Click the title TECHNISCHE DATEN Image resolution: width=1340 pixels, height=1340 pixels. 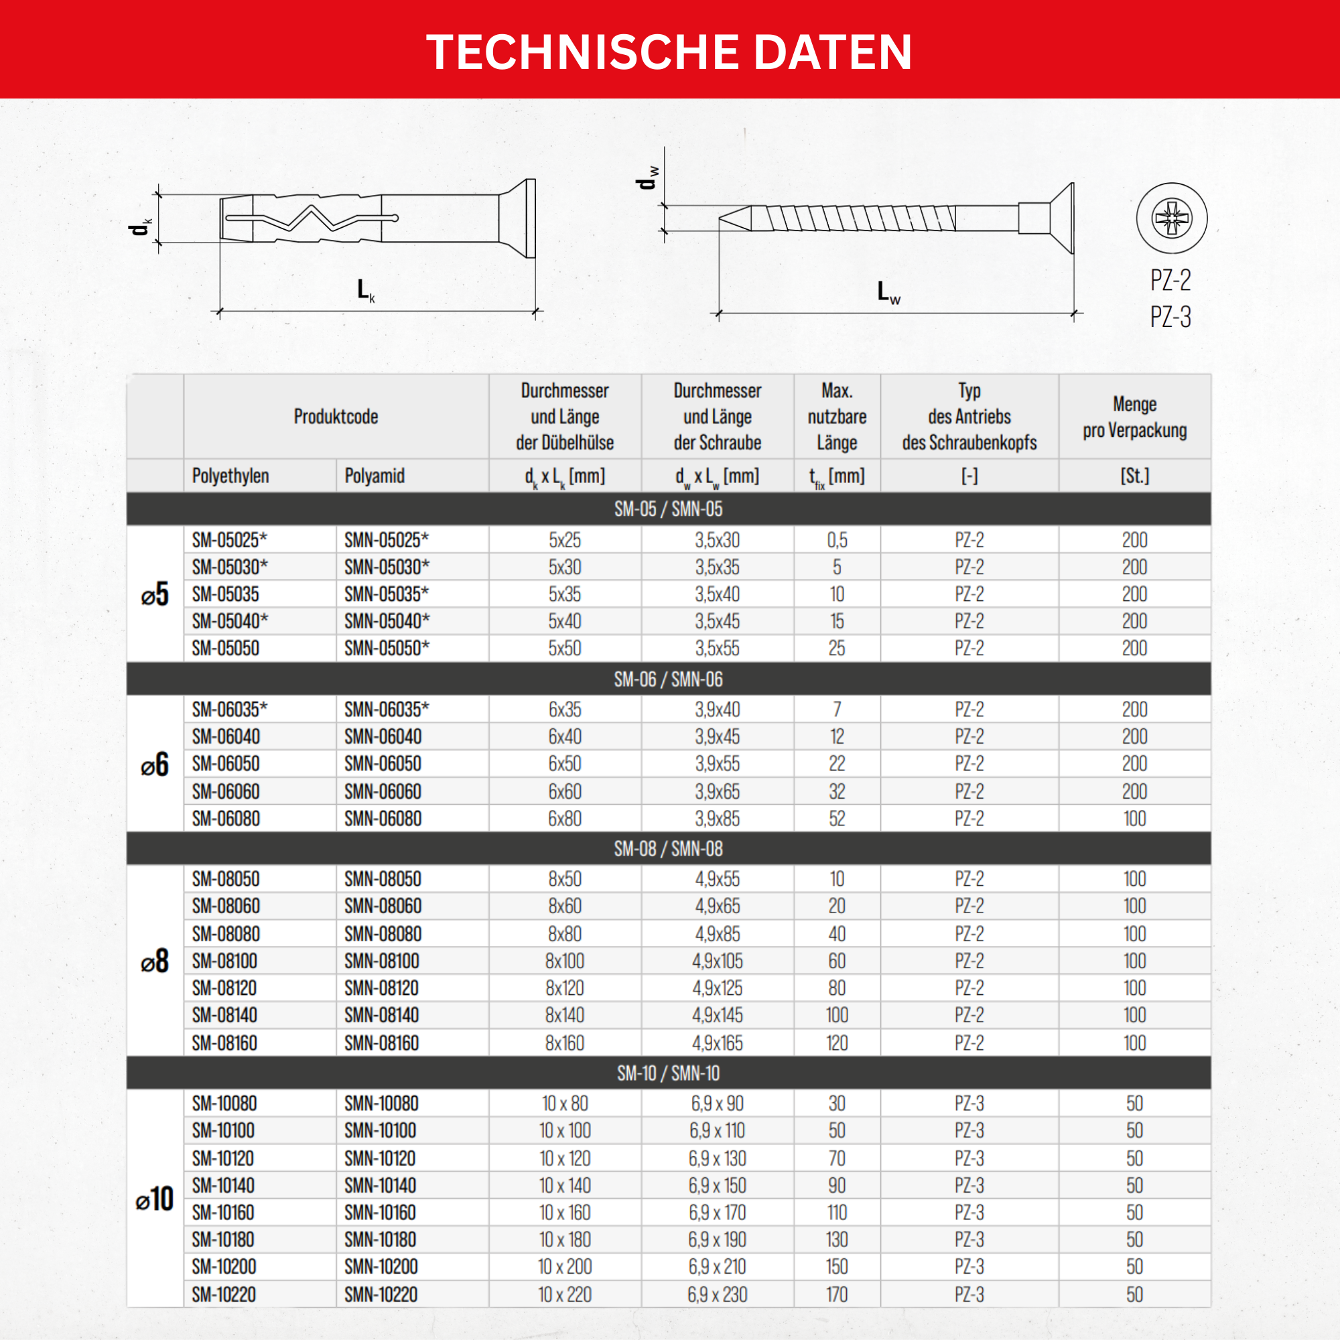pos(669,52)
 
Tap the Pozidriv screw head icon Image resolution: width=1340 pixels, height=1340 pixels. pos(1171,218)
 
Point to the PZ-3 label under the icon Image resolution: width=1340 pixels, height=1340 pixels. pos(1170,317)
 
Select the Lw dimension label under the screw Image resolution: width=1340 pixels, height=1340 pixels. pos(888,292)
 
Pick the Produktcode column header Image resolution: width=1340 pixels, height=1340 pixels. pos(336,417)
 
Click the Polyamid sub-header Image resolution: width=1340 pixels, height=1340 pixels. pos(375,476)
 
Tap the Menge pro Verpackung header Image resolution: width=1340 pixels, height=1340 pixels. pos(1135,417)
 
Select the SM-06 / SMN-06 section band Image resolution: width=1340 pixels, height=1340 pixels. pos(669,679)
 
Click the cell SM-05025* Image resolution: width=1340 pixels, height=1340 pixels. pos(230,539)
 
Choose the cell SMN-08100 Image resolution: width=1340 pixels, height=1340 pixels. pos(382,961)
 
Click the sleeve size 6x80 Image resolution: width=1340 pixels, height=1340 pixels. pos(565,819)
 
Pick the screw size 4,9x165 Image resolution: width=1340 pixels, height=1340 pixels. pos(717,1043)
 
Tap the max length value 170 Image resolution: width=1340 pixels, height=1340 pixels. pos(837,1294)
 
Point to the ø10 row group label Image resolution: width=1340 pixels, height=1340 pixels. pos(154,1199)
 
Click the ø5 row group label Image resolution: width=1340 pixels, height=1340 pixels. pos(154,594)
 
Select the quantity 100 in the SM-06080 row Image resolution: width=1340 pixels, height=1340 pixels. pos(1135,819)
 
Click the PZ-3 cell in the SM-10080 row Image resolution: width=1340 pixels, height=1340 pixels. pos(969,1103)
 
